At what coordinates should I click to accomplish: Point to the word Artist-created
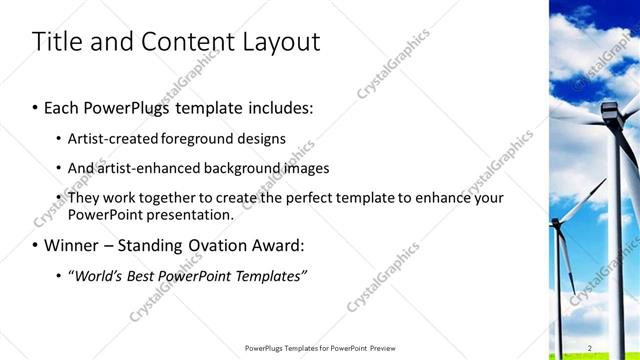coord(107,138)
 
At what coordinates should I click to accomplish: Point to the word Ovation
coord(234,244)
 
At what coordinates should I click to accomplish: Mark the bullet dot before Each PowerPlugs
coord(36,106)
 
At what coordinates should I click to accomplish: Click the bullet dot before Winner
coord(36,245)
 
